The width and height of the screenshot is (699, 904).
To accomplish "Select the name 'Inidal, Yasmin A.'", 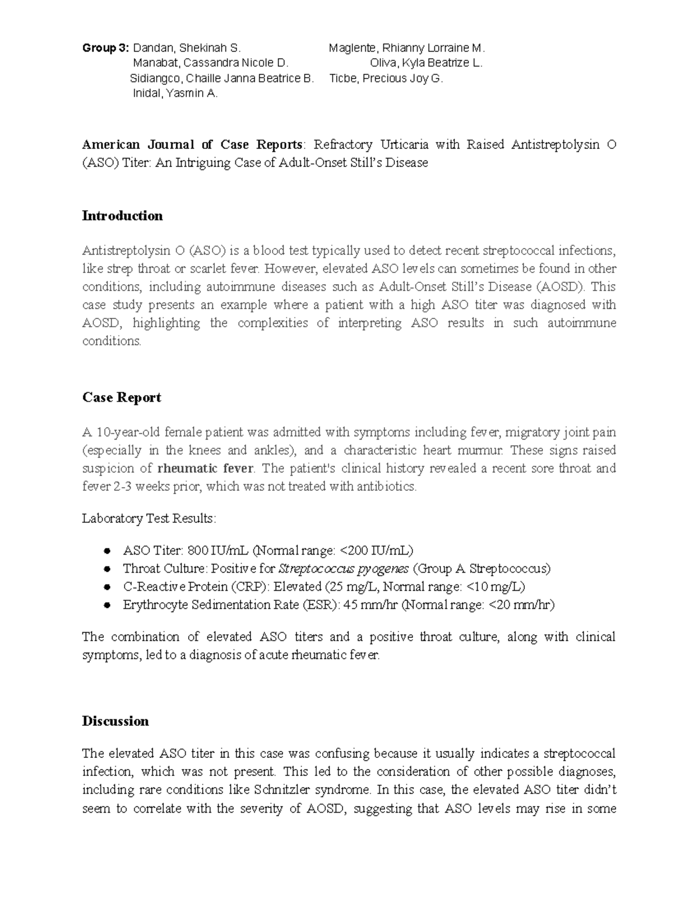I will click(175, 93).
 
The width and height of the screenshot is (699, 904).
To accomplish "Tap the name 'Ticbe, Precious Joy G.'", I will click(386, 78).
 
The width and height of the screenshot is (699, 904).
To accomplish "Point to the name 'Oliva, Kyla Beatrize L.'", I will click(426, 63).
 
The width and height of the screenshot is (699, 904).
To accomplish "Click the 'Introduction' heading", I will click(122, 216).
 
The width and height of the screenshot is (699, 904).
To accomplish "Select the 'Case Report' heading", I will click(121, 398).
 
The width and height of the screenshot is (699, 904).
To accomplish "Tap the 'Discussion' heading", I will click(115, 721).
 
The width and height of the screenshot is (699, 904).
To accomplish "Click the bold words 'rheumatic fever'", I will click(206, 469).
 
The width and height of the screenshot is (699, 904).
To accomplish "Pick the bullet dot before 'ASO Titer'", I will click(107, 551).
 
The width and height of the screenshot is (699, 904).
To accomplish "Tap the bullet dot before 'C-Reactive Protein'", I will click(107, 587).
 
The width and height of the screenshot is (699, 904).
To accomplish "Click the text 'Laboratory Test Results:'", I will click(149, 519).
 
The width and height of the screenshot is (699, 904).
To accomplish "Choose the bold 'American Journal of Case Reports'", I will click(192, 144).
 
